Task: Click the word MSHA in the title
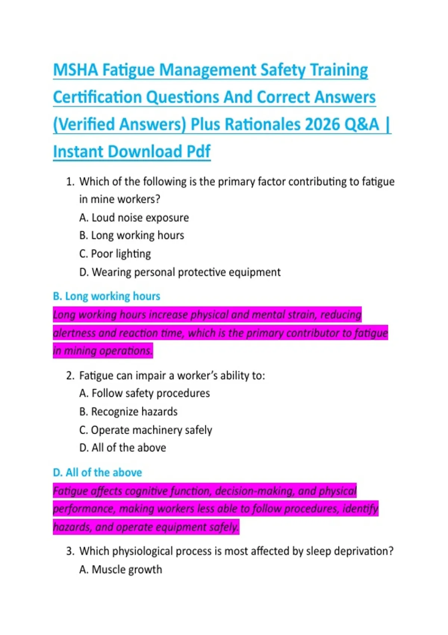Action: pos(75,70)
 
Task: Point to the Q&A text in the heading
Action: pos(361,125)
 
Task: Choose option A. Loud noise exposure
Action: pos(134,218)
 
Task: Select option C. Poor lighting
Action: pos(115,254)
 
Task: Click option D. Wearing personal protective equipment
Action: pos(180,272)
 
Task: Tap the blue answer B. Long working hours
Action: pos(106,296)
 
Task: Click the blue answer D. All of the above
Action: pos(97,473)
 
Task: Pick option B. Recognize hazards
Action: pos(128,412)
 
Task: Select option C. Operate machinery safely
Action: pos(146,430)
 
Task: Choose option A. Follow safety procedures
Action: pos(144,393)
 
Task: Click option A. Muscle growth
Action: pos(121,570)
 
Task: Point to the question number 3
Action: pos(70,551)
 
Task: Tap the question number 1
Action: pos(70,182)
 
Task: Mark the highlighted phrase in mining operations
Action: pos(103,351)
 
